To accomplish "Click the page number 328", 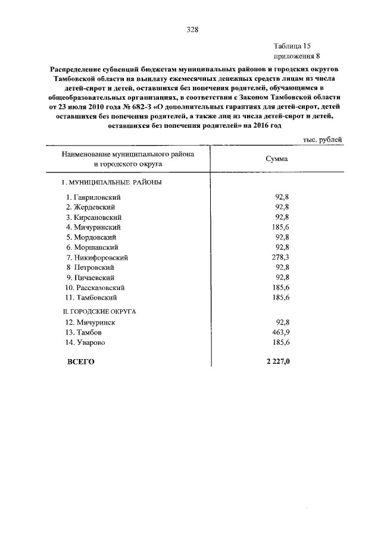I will [x=192, y=29].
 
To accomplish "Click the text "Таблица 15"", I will [x=292, y=46].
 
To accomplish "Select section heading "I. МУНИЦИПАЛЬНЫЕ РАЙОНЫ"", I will [x=113, y=183].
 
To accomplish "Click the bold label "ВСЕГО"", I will [x=81, y=361].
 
